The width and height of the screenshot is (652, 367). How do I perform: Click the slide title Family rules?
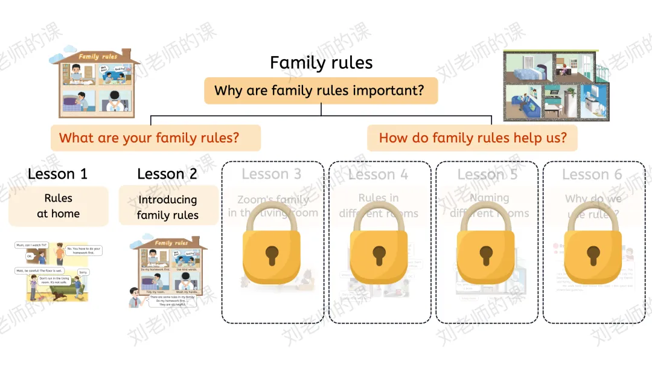tap(321, 63)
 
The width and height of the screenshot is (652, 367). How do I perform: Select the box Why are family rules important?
tap(320, 91)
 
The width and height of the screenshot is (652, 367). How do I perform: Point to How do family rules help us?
tap(472, 138)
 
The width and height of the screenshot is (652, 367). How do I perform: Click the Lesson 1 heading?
tap(57, 174)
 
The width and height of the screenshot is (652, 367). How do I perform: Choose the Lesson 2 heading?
tap(167, 174)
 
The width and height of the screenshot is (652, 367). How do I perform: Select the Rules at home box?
tap(58, 206)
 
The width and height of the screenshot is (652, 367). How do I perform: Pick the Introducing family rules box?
tap(168, 207)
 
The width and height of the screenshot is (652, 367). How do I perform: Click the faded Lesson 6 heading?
tap(592, 175)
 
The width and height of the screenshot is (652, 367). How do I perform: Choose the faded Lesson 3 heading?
tap(271, 174)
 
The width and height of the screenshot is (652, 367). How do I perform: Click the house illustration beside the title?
tap(94, 82)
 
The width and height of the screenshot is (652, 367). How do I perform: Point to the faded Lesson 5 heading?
tap(487, 175)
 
